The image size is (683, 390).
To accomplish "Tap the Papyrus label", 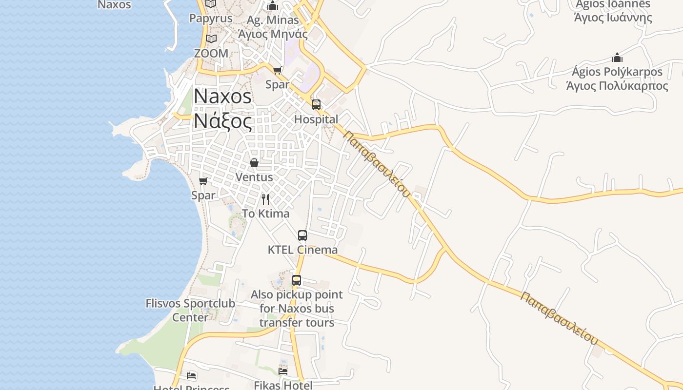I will pyautogui.click(x=211, y=19).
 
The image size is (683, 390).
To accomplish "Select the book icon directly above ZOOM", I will pyautogui.click(x=211, y=39).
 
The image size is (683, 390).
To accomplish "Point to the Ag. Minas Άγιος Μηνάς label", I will pyautogui.click(x=273, y=27).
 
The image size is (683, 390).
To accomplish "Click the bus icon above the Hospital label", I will pyautogui.click(x=316, y=104).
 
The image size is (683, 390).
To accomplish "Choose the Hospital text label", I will pyautogui.click(x=316, y=119).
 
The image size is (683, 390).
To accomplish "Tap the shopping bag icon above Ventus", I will pyautogui.click(x=254, y=162).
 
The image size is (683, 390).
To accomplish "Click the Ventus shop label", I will pyautogui.click(x=254, y=177).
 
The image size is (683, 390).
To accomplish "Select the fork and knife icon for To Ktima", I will pyautogui.click(x=265, y=199).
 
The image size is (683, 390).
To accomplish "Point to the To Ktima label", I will pyautogui.click(x=266, y=214).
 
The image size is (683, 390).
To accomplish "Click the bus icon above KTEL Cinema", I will pyautogui.click(x=302, y=235).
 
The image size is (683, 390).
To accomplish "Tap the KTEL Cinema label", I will pyautogui.click(x=302, y=250).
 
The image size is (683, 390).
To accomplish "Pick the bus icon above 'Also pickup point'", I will pyautogui.click(x=297, y=280).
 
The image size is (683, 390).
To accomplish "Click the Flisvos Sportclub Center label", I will pyautogui.click(x=190, y=310).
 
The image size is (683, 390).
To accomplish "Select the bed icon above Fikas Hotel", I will pyautogui.click(x=283, y=371).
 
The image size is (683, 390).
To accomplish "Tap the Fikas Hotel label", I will pyautogui.click(x=283, y=385).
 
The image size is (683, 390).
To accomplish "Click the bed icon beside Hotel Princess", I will pyautogui.click(x=192, y=376).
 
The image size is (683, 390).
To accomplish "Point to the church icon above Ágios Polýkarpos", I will pyautogui.click(x=617, y=58).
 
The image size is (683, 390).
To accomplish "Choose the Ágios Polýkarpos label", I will pyautogui.click(x=617, y=79).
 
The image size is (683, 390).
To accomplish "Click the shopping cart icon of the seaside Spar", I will pyautogui.click(x=203, y=181).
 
